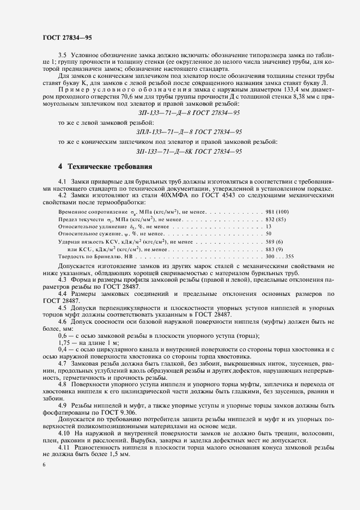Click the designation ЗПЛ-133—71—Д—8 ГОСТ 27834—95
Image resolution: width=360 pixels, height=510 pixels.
click(189, 131)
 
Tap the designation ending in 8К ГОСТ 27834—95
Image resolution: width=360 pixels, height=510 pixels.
click(189, 151)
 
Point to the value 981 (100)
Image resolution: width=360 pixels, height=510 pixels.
click(280, 210)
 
